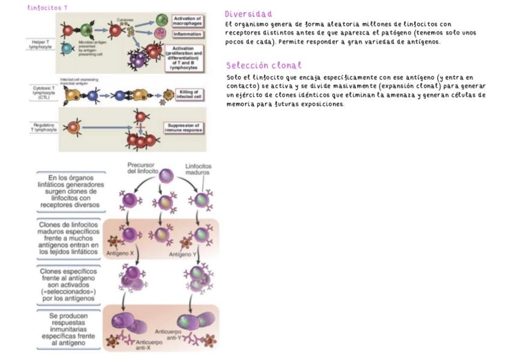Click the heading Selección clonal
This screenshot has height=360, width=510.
(263, 66)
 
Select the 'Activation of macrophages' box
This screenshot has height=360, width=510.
(187, 22)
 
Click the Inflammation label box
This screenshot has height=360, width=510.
(186, 34)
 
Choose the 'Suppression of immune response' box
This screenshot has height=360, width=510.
(183, 127)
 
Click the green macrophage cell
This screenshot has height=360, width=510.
(162, 20)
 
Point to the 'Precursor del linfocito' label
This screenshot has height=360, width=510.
(142, 168)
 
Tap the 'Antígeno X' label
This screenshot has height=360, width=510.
(120, 254)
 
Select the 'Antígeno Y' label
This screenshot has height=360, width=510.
(180, 254)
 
